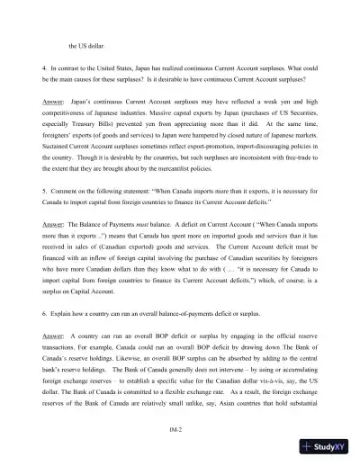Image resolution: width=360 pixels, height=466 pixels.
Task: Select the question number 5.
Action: pos(45,219)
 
